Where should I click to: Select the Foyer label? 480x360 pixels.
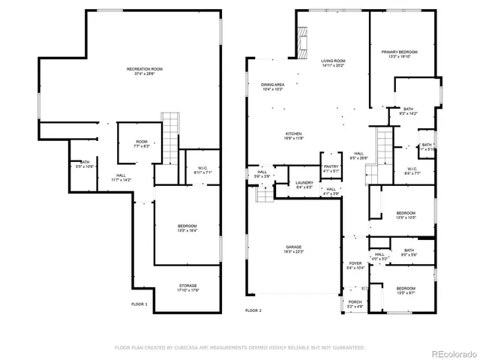[355, 265]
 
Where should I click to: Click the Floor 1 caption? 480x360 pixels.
[139, 304]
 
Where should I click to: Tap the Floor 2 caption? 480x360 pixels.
[253, 310]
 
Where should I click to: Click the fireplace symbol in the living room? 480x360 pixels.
[304, 43]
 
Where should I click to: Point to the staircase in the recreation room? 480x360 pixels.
[171, 132]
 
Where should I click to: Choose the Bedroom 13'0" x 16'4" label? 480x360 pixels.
[187, 228]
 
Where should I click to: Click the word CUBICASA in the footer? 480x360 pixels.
[192, 347]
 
